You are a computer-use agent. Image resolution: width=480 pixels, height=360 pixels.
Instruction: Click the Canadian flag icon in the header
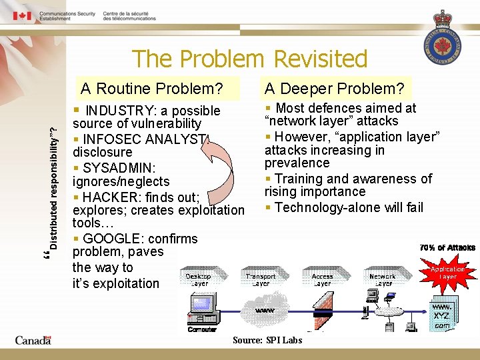click(23, 15)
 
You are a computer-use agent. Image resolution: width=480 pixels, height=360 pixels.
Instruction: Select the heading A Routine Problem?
click(151, 89)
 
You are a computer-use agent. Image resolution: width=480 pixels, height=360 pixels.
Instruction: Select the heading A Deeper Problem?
click(334, 89)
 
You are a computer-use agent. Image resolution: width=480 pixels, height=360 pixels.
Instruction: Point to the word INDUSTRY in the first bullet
click(119, 111)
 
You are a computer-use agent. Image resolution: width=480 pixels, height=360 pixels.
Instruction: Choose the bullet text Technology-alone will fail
click(348, 207)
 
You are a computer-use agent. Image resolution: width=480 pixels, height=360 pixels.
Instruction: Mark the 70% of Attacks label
click(447, 247)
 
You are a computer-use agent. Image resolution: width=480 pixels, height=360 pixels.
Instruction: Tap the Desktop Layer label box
click(198, 280)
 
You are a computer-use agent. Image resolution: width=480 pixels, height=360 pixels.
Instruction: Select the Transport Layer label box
click(260, 280)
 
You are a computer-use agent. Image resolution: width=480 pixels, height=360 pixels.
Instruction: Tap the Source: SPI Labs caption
click(267, 340)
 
